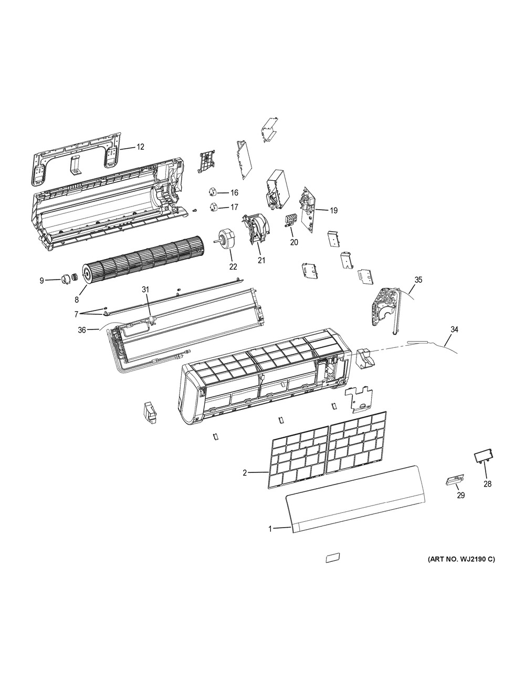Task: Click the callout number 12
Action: (x=141, y=147)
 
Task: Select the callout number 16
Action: (x=234, y=193)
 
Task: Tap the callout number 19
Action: (x=334, y=211)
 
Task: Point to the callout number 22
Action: (x=233, y=266)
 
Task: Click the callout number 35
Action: (x=418, y=280)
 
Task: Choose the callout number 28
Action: (x=488, y=484)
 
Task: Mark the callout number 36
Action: (x=82, y=330)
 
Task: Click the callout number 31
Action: (x=145, y=290)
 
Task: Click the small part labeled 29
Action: (x=455, y=480)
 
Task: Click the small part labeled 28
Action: (x=484, y=461)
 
